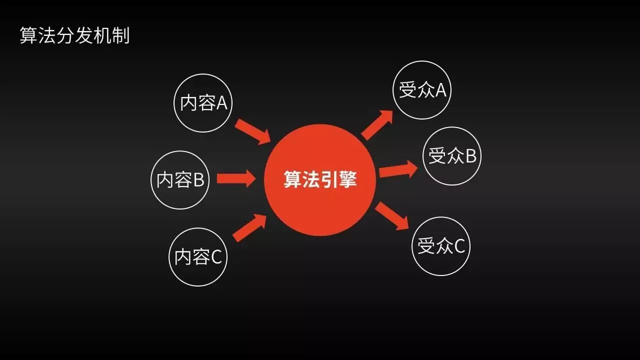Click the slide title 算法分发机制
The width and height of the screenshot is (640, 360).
pos(74,36)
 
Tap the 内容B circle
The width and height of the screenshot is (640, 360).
pos(180,180)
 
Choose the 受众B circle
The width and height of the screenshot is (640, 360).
pos(452,156)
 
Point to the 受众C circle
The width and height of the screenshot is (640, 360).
pos(441,246)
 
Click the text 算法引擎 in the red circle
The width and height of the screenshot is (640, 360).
pos(320,180)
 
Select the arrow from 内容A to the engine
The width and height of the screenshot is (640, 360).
pos(252,131)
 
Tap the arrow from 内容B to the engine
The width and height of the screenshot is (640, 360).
pos(235,179)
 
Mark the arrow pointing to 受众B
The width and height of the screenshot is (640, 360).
pos(398,170)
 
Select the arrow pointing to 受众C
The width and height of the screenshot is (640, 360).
pos(392,215)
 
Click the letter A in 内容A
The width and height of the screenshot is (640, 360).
pos(221,103)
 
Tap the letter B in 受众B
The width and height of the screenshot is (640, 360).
pos(470,156)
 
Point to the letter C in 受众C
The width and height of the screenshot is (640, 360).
pos(459,246)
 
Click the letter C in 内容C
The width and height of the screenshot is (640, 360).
pos(216,257)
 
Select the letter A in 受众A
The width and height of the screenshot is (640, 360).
pos(440,90)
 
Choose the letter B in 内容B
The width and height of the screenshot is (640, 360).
pos(198,180)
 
